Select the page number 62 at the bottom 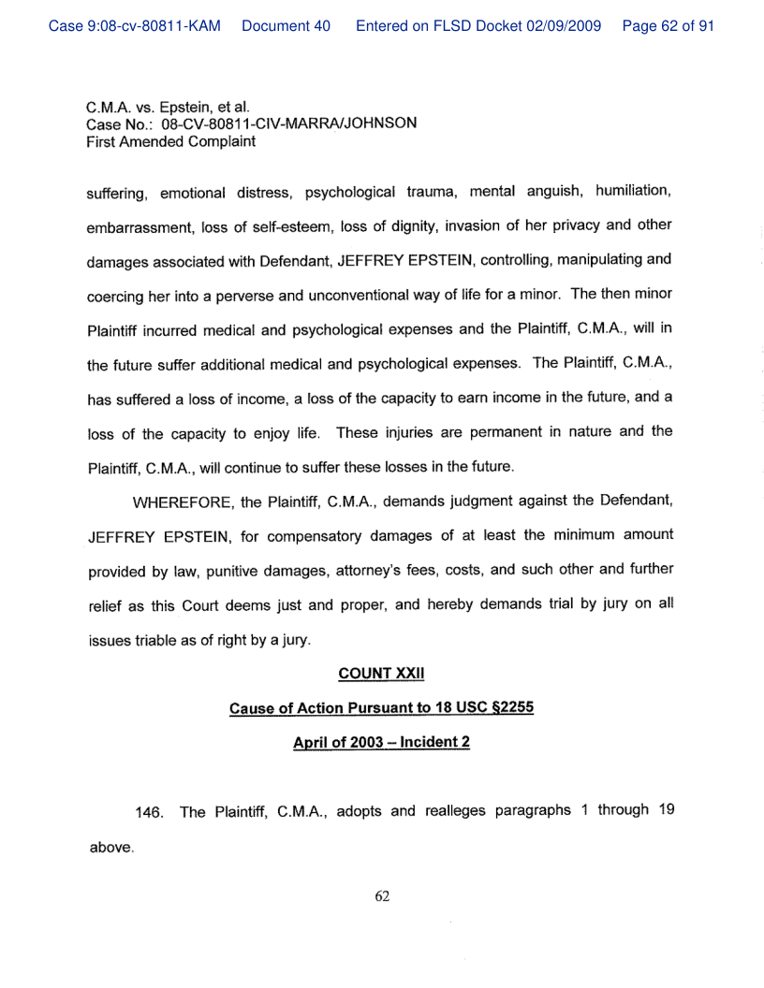[x=382, y=896]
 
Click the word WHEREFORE [x=184, y=502]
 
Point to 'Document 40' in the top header [x=286, y=26]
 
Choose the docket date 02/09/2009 [x=566, y=26]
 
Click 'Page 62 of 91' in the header [x=668, y=26]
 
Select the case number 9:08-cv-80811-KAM [x=134, y=26]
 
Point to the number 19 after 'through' [x=665, y=810]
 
